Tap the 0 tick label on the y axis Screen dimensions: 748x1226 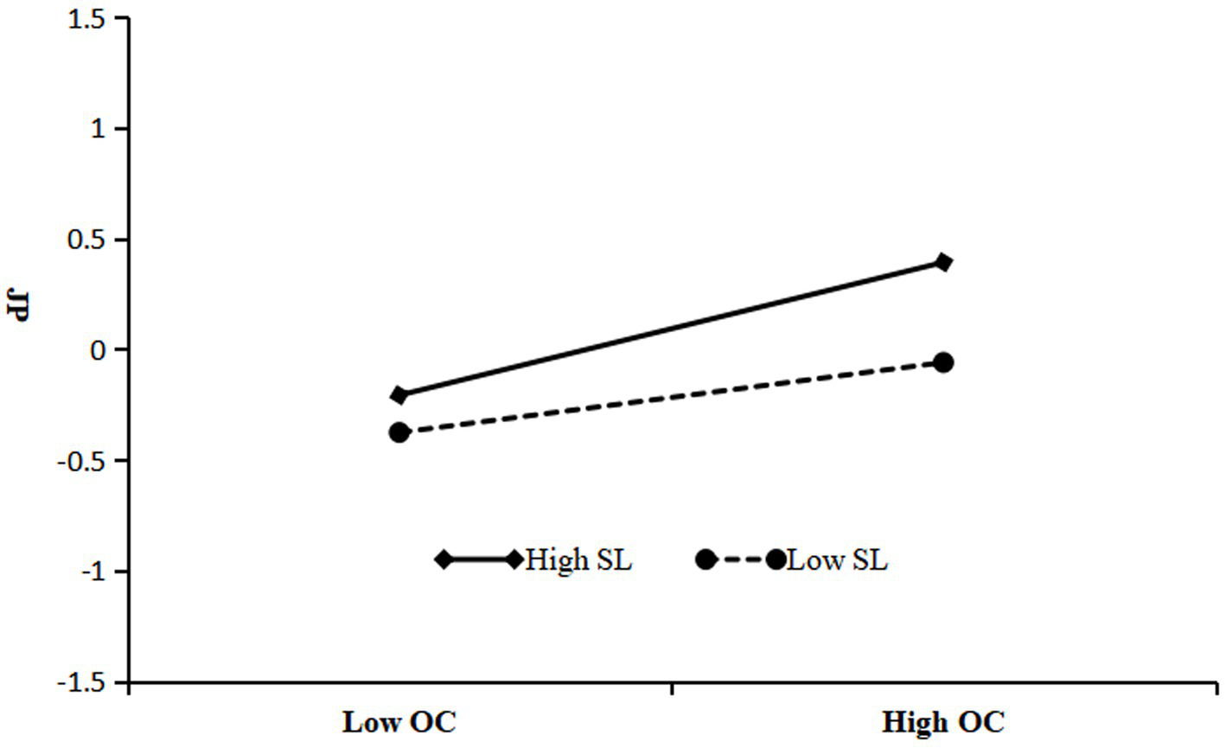(106, 350)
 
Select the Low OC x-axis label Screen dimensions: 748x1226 (399, 723)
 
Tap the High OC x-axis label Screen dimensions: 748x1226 (943, 723)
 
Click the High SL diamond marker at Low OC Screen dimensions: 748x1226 (399, 395)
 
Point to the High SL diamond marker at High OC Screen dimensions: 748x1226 (943, 262)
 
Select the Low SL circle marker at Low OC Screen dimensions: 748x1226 (399, 432)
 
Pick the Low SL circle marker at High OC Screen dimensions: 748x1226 (943, 362)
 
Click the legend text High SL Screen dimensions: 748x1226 (578, 560)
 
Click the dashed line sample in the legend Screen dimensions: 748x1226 (741, 559)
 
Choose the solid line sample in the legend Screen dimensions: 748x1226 (479, 559)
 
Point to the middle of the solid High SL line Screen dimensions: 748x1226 (671, 329)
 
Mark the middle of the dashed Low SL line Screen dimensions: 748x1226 (671, 398)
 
